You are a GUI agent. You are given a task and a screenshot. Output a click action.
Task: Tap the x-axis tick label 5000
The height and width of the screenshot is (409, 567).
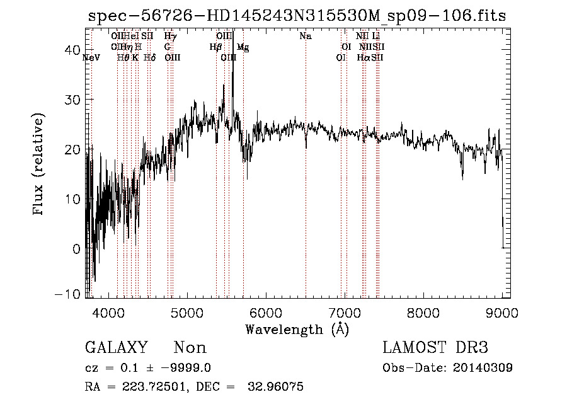[x=187, y=312]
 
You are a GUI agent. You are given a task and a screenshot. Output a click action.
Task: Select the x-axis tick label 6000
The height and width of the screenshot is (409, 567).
[x=266, y=312]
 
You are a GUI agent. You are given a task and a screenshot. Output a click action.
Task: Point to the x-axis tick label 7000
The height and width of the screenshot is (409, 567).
[x=345, y=312]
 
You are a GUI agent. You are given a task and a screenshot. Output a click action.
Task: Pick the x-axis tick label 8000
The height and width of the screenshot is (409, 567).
[x=423, y=312]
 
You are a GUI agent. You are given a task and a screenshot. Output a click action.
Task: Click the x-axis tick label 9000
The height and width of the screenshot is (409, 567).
[x=501, y=312]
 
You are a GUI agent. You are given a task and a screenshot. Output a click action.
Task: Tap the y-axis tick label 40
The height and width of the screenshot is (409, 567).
[x=71, y=50]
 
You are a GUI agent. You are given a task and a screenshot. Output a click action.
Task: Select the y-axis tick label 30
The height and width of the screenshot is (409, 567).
[x=71, y=100]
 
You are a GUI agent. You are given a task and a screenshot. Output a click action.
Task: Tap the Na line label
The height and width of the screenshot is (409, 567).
[x=306, y=37]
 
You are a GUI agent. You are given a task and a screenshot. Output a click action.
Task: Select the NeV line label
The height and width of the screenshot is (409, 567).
[x=91, y=57]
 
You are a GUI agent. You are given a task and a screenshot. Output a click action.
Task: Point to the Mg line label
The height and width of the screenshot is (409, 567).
[x=243, y=47]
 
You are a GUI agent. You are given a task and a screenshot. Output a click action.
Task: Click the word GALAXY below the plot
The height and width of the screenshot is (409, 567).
[x=116, y=348]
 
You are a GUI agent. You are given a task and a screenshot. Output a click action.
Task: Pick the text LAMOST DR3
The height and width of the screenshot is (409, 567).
[x=435, y=348]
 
